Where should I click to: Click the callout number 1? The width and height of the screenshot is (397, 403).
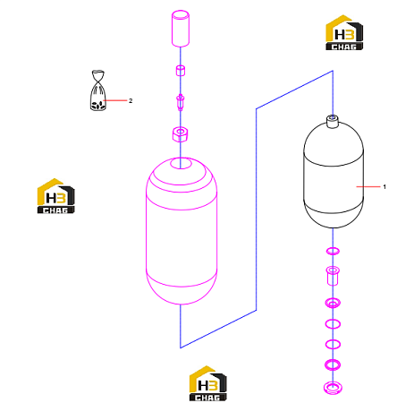pyautogui.click(x=384, y=187)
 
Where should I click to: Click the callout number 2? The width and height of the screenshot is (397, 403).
pyautogui.click(x=131, y=100)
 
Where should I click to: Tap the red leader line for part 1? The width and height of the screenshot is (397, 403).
pyautogui.click(x=368, y=187)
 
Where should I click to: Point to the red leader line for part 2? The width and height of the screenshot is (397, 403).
pyautogui.click(x=115, y=100)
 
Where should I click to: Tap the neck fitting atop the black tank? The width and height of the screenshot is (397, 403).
pyautogui.click(x=333, y=121)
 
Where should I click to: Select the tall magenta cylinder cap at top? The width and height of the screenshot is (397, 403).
pyautogui.click(x=181, y=29)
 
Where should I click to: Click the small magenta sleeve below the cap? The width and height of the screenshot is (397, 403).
pyautogui.click(x=181, y=71)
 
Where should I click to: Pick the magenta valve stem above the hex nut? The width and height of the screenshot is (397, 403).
pyautogui.click(x=181, y=102)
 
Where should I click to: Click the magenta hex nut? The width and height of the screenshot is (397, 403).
pyautogui.click(x=181, y=134)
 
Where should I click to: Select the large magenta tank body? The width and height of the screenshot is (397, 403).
pyautogui.click(x=182, y=230)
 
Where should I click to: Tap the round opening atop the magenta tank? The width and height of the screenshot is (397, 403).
pyautogui.click(x=181, y=163)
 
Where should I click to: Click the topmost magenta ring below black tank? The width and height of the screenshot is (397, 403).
pyautogui.click(x=333, y=251)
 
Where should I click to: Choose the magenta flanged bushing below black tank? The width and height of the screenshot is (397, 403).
pyautogui.click(x=333, y=275)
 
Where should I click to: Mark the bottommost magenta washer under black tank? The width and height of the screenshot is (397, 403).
pyautogui.click(x=333, y=388)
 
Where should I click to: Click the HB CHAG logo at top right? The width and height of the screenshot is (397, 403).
pyautogui.click(x=344, y=32)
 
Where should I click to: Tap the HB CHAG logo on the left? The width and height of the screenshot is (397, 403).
pyautogui.click(x=55, y=196)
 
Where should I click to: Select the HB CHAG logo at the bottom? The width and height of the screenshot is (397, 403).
pyautogui.click(x=207, y=383)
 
